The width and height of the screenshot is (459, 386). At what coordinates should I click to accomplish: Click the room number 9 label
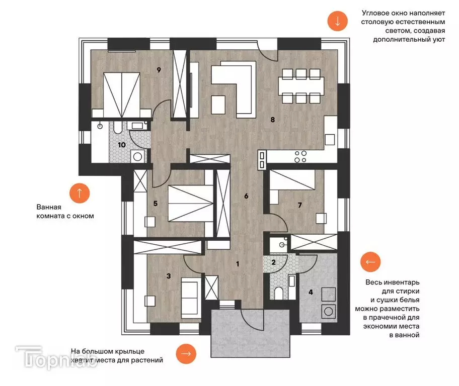click(x=159, y=70)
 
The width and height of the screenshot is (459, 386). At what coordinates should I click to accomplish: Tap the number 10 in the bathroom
click(x=122, y=145)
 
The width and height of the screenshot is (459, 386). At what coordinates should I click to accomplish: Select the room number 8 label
click(x=273, y=120)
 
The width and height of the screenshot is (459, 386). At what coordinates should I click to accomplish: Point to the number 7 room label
click(x=300, y=205)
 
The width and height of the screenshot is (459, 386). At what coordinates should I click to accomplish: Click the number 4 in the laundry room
click(x=311, y=292)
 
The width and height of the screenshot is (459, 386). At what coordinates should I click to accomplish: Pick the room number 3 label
click(x=169, y=276)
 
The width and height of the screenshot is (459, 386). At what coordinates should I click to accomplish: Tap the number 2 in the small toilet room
click(x=273, y=262)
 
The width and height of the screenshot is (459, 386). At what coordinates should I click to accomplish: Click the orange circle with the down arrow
click(x=337, y=21)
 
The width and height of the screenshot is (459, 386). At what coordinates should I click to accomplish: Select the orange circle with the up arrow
click(x=80, y=194)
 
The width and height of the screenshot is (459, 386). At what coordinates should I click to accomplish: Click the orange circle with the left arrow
click(x=370, y=262)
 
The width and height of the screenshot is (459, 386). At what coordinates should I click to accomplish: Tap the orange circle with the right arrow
click(x=186, y=353)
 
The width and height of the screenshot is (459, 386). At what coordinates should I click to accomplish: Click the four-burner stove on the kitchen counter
click(x=300, y=156)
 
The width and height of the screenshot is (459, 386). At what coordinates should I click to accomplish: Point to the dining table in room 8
click(x=301, y=86)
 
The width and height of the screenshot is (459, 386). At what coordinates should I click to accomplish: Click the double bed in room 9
click(x=121, y=95)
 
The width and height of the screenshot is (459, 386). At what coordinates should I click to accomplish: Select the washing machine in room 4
click(x=329, y=312)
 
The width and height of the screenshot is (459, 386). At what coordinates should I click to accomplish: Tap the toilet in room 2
click(x=279, y=294)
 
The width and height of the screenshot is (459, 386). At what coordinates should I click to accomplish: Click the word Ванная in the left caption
click(x=49, y=207)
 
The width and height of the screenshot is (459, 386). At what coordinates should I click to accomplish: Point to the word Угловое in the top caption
click(x=376, y=13)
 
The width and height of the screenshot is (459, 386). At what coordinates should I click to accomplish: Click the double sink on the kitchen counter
click(x=262, y=160)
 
